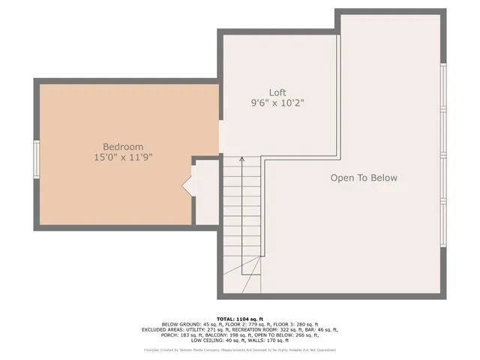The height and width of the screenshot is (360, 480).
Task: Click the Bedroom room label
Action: (x=123, y=146)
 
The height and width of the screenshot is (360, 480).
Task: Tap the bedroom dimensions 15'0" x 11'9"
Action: (x=123, y=157)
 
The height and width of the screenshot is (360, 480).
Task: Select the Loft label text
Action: (x=277, y=93)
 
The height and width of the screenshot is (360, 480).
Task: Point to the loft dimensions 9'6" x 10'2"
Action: (x=277, y=103)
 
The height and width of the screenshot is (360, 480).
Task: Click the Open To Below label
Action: (x=364, y=178)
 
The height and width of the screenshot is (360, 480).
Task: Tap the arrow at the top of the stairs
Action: (x=241, y=158)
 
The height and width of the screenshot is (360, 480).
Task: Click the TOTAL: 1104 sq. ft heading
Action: (x=240, y=319)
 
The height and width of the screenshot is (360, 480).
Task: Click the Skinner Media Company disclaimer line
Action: (x=240, y=349)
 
